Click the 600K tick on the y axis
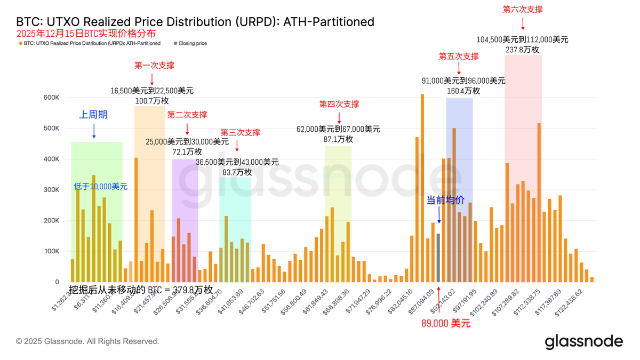(x=52, y=98)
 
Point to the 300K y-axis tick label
(x=52, y=190)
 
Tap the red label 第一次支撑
(x=154, y=66)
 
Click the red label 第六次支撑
(x=523, y=10)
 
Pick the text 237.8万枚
(x=522, y=50)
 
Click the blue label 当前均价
(x=445, y=200)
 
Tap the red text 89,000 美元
(x=446, y=323)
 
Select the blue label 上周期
(x=93, y=115)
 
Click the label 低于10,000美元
(x=101, y=187)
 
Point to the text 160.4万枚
(x=463, y=91)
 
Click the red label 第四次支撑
(x=339, y=105)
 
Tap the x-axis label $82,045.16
(x=399, y=301)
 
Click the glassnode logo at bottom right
(x=583, y=341)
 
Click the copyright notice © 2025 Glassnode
(x=87, y=341)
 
